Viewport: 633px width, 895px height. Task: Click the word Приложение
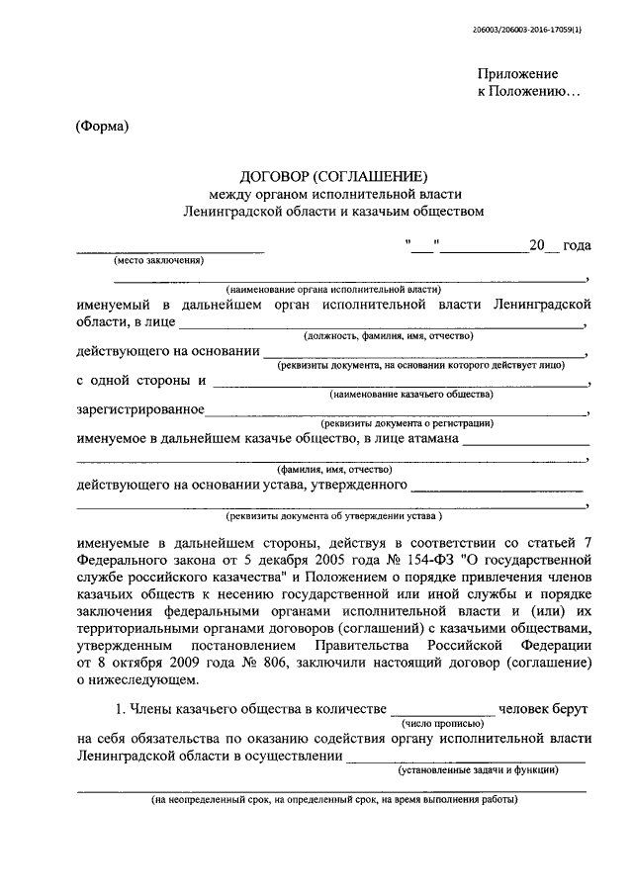[x=517, y=74]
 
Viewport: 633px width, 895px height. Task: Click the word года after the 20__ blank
[x=577, y=244]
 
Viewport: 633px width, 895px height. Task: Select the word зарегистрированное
[x=140, y=409]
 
